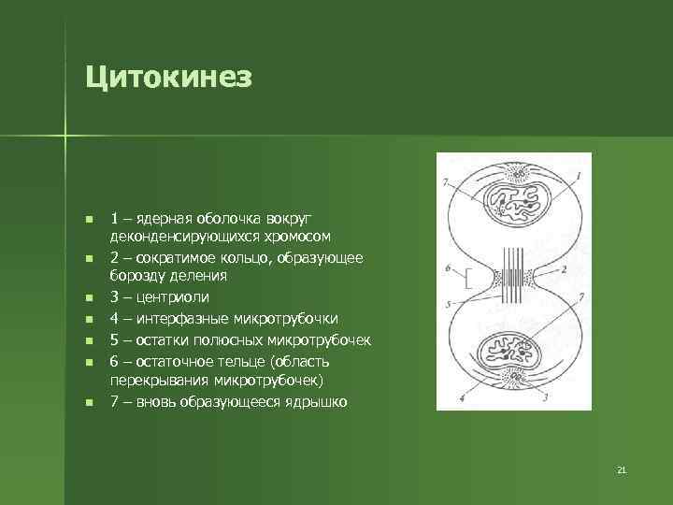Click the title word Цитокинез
[x=168, y=77]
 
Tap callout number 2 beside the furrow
[x=564, y=268]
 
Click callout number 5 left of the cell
[x=449, y=305]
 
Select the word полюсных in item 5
[x=227, y=339]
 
